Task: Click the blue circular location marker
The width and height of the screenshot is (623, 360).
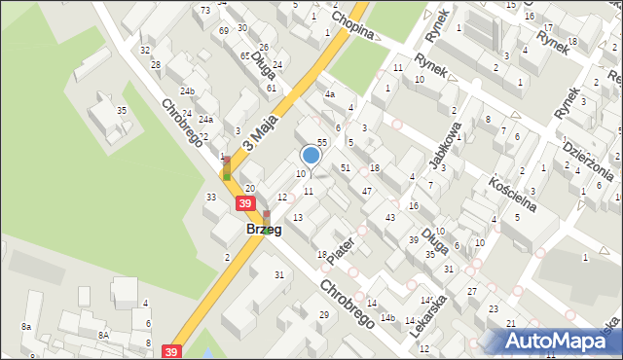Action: pyautogui.click(x=311, y=155)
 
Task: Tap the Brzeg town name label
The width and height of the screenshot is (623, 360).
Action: pyautogui.click(x=264, y=230)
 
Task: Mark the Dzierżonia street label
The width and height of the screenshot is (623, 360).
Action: pyautogui.click(x=587, y=160)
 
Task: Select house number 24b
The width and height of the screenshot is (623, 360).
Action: pyautogui.click(x=187, y=92)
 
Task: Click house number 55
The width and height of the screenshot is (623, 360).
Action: pyautogui.click(x=321, y=142)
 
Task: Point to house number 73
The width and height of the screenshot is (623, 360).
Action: pyautogui.click(x=205, y=10)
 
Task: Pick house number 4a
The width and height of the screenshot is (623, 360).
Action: pyautogui.click(x=330, y=94)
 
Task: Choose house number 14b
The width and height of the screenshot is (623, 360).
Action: pyautogui.click(x=386, y=318)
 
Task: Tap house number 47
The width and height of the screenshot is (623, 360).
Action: pyautogui.click(x=366, y=191)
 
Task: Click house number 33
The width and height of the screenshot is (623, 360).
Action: pyautogui.click(x=210, y=198)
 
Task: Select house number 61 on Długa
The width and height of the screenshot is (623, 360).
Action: pyautogui.click(x=271, y=88)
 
